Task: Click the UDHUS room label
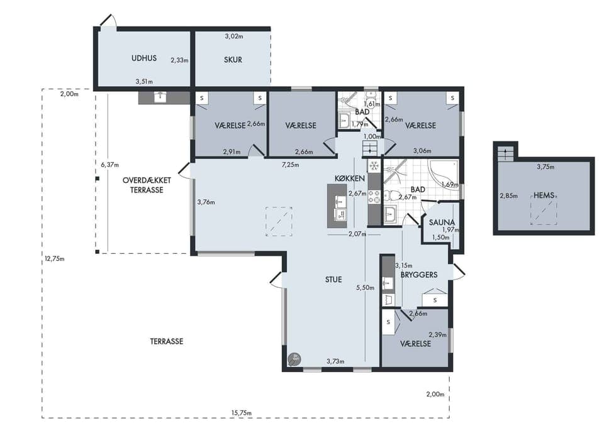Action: [x=144, y=58]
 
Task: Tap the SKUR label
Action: [x=233, y=60]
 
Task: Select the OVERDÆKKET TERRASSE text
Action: [x=147, y=185]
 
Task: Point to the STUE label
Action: [x=333, y=280]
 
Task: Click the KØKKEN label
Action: [x=349, y=178]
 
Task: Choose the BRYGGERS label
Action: [x=419, y=275]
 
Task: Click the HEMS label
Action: [x=544, y=195]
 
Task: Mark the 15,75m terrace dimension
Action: [x=242, y=413]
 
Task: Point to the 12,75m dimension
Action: [x=54, y=259]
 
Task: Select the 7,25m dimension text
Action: [x=291, y=165]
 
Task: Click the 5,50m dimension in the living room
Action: [x=365, y=287]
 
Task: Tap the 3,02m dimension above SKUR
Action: [x=234, y=36]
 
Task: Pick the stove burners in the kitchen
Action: [x=374, y=197]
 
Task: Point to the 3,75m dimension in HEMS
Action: [x=545, y=167]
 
